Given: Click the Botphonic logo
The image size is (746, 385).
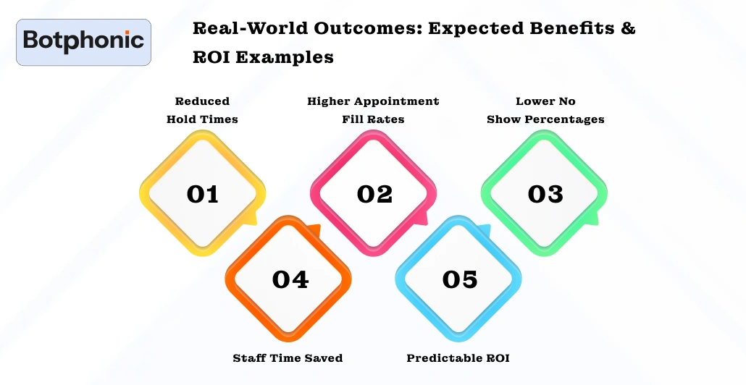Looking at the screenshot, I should pyautogui.click(x=83, y=42).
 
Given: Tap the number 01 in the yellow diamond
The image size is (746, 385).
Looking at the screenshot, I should pyautogui.click(x=202, y=194).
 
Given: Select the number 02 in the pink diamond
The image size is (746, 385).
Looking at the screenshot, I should pyautogui.click(x=374, y=194).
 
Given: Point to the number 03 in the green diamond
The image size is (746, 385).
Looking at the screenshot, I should pyautogui.click(x=545, y=194).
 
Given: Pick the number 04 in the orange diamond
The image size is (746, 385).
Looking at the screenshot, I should pyautogui.click(x=290, y=279).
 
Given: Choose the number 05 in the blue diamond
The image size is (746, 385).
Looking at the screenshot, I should pyautogui.click(x=460, y=279).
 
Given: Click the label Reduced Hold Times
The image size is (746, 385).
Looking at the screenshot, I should pyautogui.click(x=202, y=110).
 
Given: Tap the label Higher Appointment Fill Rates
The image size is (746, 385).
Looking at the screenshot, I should pyautogui.click(x=373, y=110).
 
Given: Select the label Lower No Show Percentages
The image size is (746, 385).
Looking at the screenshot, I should pyautogui.click(x=545, y=110).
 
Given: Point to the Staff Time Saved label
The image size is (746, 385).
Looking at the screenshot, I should pyautogui.click(x=288, y=358).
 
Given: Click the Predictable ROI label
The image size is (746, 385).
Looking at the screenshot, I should pyautogui.click(x=458, y=358).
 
